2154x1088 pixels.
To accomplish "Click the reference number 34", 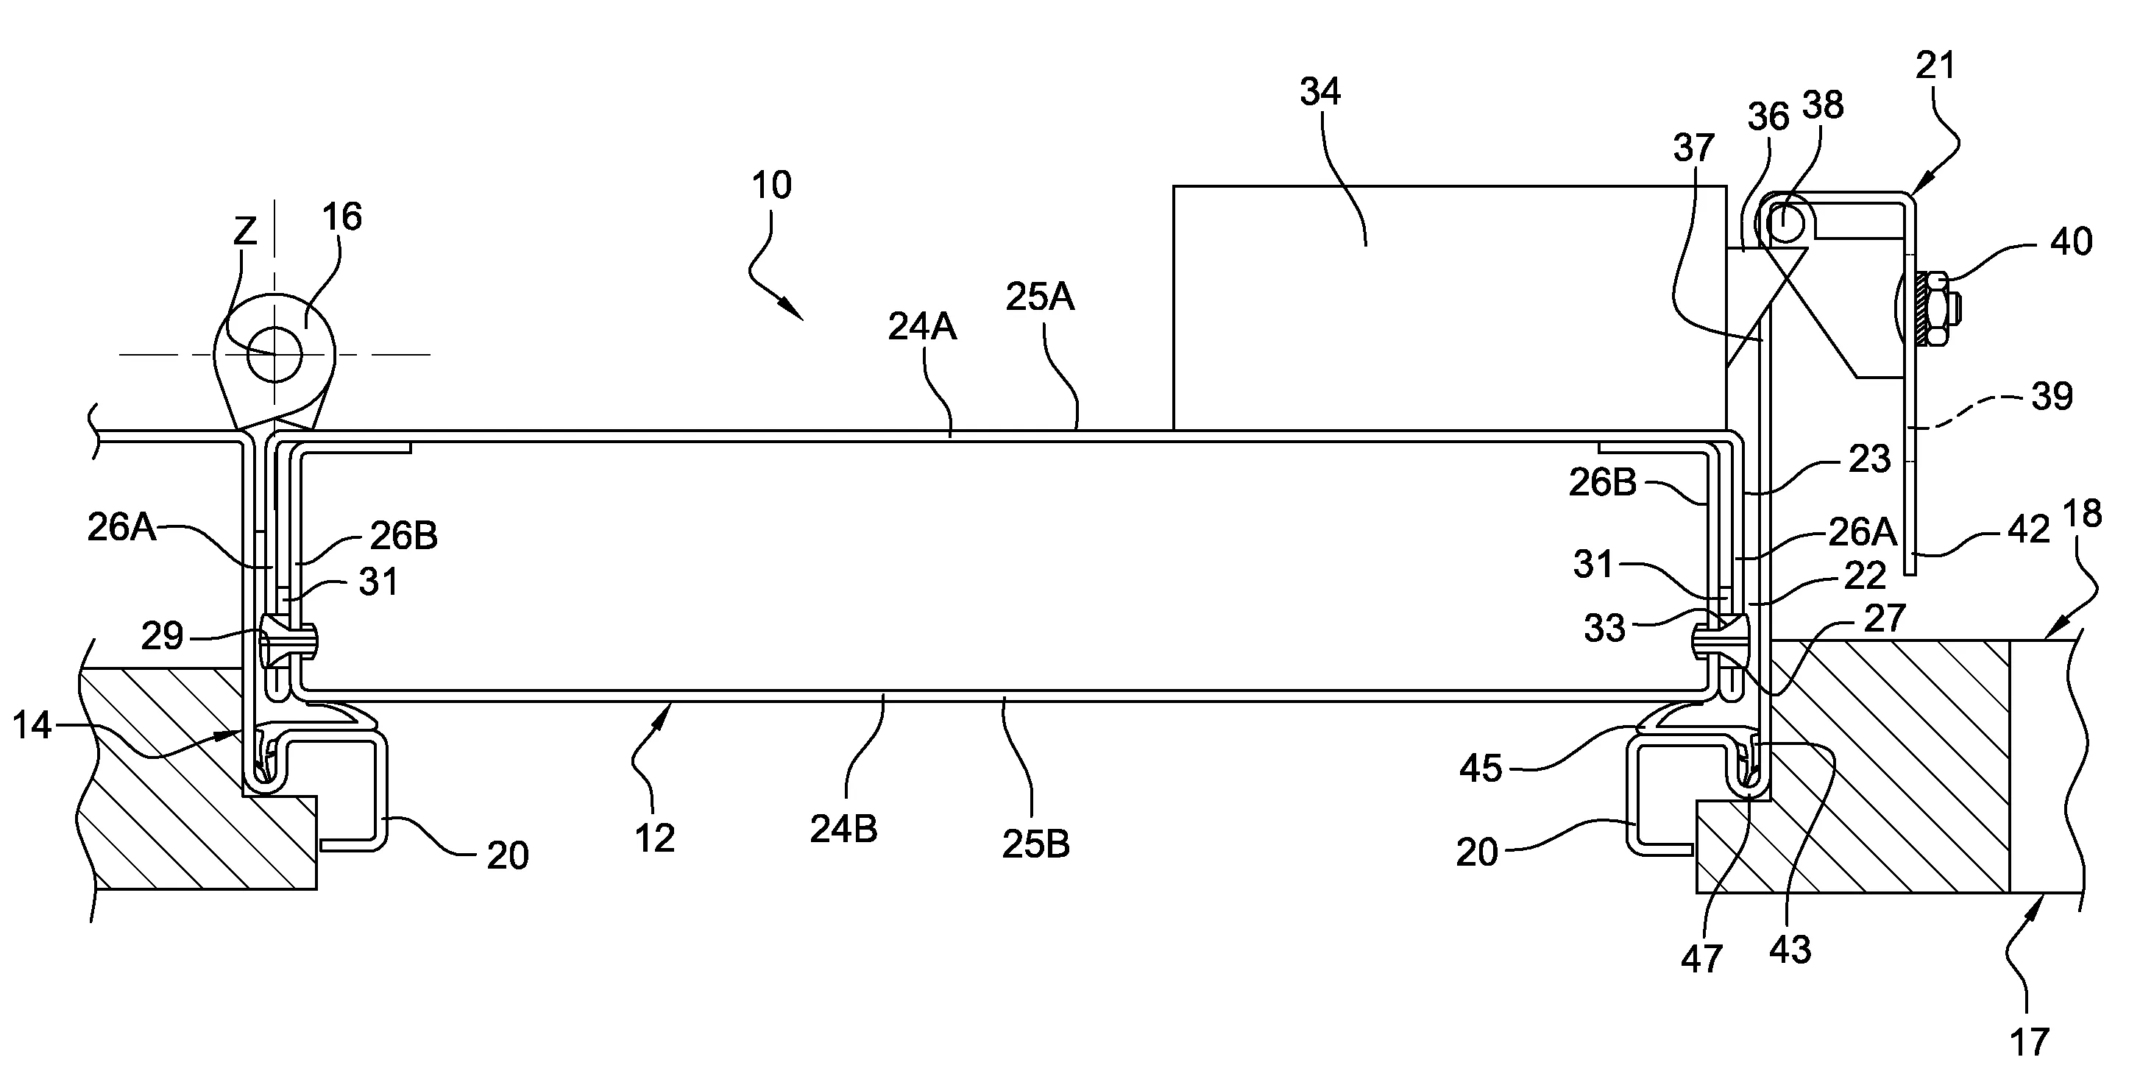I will coord(1319,91).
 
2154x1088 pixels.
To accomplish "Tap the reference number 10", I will coord(771,185).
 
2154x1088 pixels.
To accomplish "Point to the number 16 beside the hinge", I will coord(341,217).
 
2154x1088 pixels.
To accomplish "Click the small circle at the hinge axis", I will coord(275,355).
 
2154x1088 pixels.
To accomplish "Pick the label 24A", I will coord(921,326).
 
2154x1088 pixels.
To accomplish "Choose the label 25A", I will coord(1039,296).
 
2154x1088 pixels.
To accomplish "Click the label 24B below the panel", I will coord(843,828).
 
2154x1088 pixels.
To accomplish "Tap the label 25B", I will coord(1035,844).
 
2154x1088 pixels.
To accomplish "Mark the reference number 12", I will coord(654,838).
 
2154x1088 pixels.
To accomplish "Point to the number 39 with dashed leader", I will coord(2052,396).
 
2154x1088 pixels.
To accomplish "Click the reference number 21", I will coord(1935,66).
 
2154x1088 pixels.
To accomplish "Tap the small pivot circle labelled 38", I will coord(1783,221).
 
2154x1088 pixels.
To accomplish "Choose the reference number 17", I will coord(2030,1042).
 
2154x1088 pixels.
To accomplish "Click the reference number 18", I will coord(2081,514).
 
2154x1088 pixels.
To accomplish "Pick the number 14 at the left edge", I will coord(32,726).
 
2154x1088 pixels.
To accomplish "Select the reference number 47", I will coord(1701,958).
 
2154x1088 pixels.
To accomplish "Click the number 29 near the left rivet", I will coord(161,637).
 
